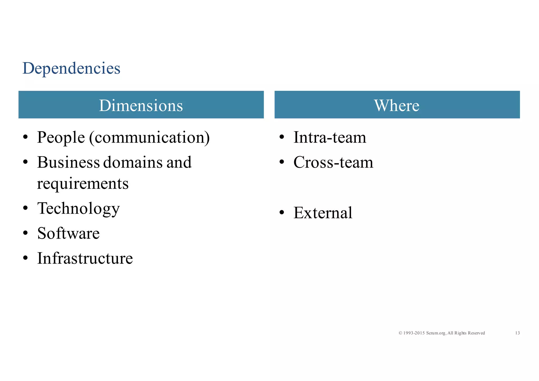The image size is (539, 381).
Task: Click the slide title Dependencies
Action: pyautogui.click(x=71, y=68)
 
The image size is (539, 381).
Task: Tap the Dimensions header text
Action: pyautogui.click(x=141, y=106)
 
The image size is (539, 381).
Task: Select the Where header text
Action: pyautogui.click(x=397, y=106)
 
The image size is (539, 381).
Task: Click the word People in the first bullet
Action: pyautogui.click(x=61, y=138)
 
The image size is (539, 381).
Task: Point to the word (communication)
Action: pyautogui.click(x=149, y=138)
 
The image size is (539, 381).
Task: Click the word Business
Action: pyautogui.click(x=68, y=162)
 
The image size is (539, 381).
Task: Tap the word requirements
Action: pyautogui.click(x=83, y=183)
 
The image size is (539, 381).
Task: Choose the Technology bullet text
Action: pyautogui.click(x=78, y=209)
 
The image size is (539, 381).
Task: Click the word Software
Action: pyautogui.click(x=68, y=233)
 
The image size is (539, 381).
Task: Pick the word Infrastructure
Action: pyautogui.click(x=85, y=258)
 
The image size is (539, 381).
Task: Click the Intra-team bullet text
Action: pyautogui.click(x=330, y=138)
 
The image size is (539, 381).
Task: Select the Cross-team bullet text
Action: pyautogui.click(x=333, y=162)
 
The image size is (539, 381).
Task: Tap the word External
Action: pyautogui.click(x=323, y=213)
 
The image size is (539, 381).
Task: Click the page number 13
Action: pyautogui.click(x=517, y=333)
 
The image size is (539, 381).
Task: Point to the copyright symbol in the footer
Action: pyautogui.click(x=400, y=333)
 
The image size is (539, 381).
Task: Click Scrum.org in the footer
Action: pyautogui.click(x=436, y=333)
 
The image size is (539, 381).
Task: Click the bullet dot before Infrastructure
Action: pyautogui.click(x=25, y=258)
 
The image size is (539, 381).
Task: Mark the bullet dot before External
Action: pyautogui.click(x=282, y=213)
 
